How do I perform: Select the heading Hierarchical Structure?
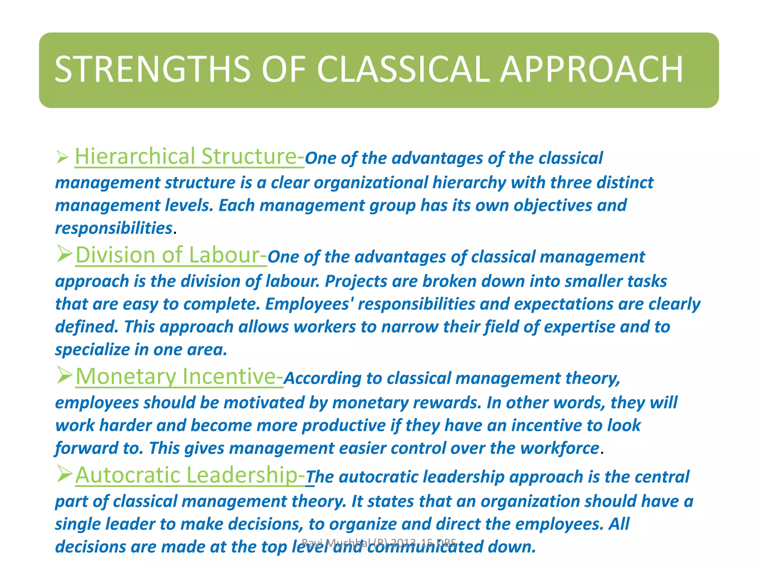click(x=189, y=157)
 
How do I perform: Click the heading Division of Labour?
click(x=171, y=256)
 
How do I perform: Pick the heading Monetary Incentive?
click(x=179, y=377)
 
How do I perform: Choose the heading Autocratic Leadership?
click(x=190, y=475)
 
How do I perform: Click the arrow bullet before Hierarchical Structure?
click(x=62, y=158)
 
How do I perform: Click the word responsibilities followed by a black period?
click(x=114, y=228)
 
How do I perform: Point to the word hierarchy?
click(x=469, y=183)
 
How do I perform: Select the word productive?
click(x=344, y=426)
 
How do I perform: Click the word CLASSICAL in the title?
click(x=403, y=69)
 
